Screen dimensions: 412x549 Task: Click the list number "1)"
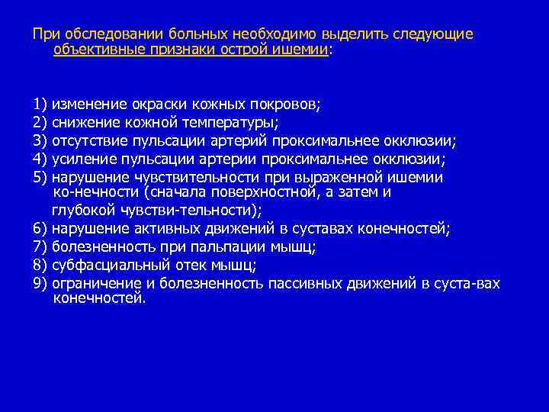click(x=40, y=105)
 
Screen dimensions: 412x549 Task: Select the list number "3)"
click(x=40, y=140)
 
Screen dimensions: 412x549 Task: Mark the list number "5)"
click(x=40, y=177)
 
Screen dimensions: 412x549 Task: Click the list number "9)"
click(x=40, y=284)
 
